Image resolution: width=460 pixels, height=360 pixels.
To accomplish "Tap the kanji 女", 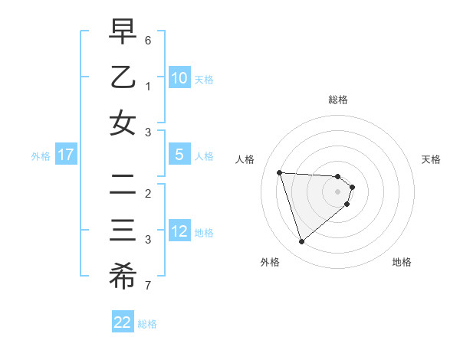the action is coord(123,123).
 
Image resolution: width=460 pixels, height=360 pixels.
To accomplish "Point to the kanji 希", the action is coord(123,277).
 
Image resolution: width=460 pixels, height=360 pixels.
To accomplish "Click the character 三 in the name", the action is coord(123,231).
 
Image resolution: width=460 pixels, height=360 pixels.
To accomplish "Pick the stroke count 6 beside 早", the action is coord(148,39).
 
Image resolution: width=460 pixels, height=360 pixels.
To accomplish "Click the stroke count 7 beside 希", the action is coord(148,286).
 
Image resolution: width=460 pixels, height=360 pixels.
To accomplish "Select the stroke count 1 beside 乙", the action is coord(148,86).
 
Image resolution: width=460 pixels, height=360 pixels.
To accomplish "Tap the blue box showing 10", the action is coord(179,77).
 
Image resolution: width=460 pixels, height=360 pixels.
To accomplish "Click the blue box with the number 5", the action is coord(179,155).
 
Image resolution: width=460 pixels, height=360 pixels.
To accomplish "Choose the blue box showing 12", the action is coord(179,231).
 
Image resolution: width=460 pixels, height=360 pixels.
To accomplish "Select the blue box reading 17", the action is coord(66,155).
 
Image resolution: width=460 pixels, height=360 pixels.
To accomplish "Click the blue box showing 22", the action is coord(123,322).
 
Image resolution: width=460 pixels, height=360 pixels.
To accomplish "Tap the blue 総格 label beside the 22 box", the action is coord(148,324).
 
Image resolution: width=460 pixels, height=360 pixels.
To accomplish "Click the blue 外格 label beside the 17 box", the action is coord(41,156).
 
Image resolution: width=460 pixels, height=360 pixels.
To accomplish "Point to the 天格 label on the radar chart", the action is coord(432,159).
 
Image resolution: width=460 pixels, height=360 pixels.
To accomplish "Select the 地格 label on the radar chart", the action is coord(402,262).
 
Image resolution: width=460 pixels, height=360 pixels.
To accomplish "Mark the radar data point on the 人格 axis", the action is coord(279,172).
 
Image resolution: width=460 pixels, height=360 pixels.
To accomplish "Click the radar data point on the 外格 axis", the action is coord(301,242).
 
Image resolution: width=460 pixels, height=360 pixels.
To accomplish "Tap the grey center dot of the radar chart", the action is coord(337,191).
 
